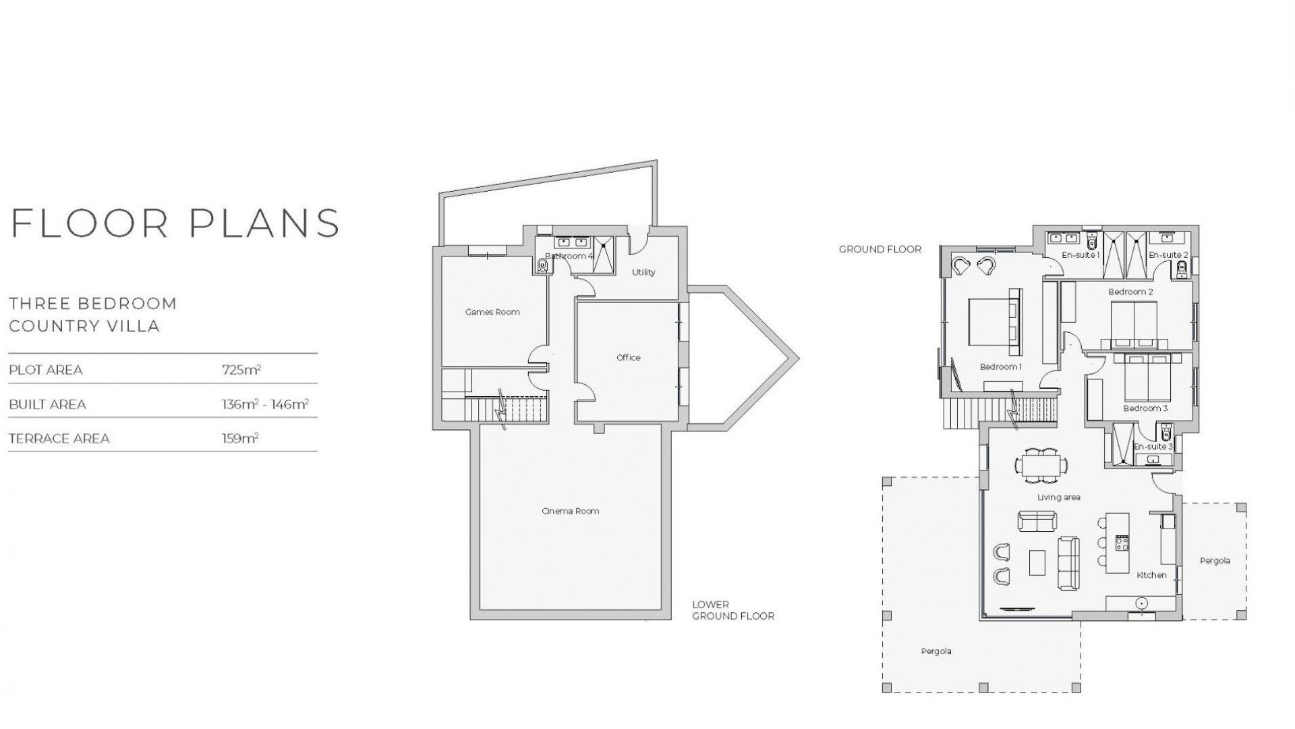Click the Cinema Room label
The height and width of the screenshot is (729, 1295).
570,511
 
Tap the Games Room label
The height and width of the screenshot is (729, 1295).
492,312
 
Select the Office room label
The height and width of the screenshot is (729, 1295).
628,358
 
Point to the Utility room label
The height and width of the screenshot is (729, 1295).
643,273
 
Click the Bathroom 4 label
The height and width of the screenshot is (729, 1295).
569,256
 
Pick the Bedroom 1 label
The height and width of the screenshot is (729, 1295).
1001,367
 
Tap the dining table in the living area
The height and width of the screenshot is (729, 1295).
1041,465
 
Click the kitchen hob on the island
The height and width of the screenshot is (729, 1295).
1122,543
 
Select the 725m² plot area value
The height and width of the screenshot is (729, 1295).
241,370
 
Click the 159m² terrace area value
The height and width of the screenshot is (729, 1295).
240,439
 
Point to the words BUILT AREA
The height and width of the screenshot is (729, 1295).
47,405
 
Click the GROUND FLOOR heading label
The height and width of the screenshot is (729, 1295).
880,250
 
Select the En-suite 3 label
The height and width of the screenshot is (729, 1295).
1153,447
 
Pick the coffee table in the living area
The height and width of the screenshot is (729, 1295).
1037,562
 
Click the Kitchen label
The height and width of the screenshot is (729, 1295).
1151,575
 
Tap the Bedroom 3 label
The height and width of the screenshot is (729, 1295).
1145,408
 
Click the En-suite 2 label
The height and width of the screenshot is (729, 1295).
1168,255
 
